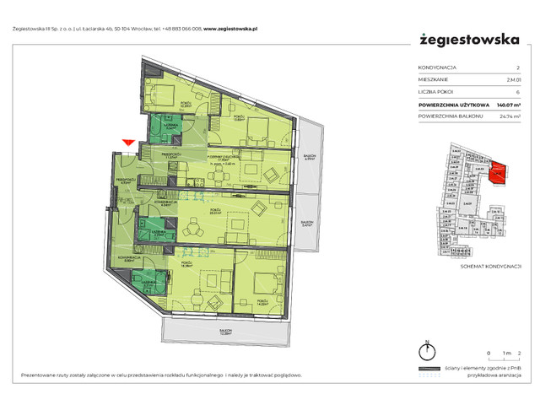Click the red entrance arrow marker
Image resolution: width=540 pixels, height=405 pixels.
pos(128,144)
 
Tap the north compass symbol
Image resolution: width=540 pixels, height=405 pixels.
pos(428,353)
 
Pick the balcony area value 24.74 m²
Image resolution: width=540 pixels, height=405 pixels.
pos(506,115)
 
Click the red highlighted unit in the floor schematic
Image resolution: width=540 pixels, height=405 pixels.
pos(498,173)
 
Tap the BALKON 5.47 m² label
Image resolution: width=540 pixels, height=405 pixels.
pos(307,224)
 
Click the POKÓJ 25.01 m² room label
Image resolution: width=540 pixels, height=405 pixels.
pos(215,212)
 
